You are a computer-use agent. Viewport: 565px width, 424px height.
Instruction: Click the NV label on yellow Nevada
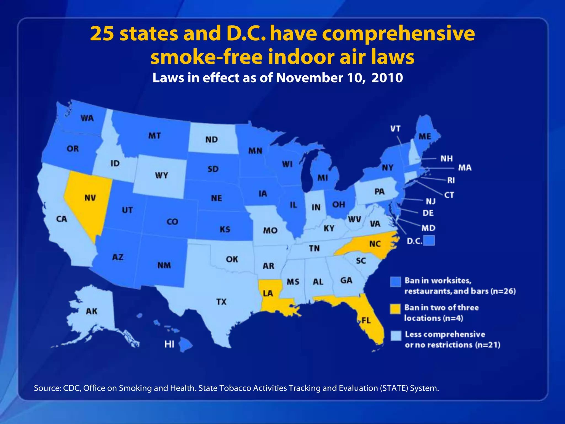coord(90,198)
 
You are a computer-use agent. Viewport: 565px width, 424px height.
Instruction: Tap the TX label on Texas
coord(221,302)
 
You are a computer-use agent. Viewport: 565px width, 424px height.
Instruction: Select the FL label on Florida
coord(366,320)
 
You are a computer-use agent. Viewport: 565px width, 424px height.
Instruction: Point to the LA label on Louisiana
coord(268,293)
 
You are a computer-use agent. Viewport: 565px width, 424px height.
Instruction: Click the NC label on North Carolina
coord(375,244)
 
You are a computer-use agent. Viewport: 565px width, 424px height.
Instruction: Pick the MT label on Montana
coord(154,136)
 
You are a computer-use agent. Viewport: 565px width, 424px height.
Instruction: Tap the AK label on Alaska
coord(92,311)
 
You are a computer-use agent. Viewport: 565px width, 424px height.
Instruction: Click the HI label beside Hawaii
coord(169,344)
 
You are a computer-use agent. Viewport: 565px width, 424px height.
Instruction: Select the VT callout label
coord(395,129)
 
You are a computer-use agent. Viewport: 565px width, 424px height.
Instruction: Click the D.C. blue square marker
coord(429,240)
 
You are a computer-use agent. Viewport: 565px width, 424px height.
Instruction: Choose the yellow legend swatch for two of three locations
coord(395,309)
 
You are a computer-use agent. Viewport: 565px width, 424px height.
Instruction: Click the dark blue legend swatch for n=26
coord(395,282)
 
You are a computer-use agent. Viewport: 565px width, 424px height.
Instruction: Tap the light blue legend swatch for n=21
coord(396,336)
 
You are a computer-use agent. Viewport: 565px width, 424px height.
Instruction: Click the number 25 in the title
coord(102,34)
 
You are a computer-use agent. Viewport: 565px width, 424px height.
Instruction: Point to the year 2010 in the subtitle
coord(387,78)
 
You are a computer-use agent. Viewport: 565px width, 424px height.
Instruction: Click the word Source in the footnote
coord(47,388)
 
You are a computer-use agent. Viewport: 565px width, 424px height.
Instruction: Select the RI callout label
coord(451,181)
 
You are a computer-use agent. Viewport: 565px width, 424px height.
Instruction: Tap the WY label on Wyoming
coord(161,175)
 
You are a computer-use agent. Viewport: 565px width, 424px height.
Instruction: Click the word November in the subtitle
coord(309,78)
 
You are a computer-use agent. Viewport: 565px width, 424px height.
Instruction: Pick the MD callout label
coord(428,228)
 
